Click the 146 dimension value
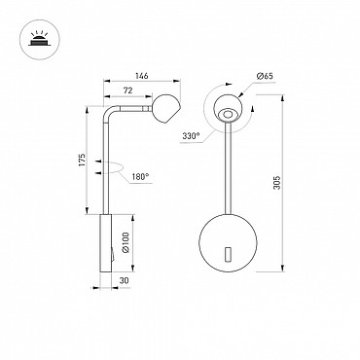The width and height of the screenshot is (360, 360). (142, 76)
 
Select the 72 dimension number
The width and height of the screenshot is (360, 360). (128, 90)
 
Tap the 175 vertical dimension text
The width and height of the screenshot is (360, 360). (82, 160)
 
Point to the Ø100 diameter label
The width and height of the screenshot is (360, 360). (126, 242)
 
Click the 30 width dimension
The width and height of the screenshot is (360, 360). (124, 281)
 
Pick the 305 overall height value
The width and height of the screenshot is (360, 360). (276, 183)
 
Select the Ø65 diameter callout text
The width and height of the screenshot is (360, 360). (265, 76)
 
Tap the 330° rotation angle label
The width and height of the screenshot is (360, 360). (191, 136)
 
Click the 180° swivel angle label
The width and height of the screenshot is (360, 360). (140, 177)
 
